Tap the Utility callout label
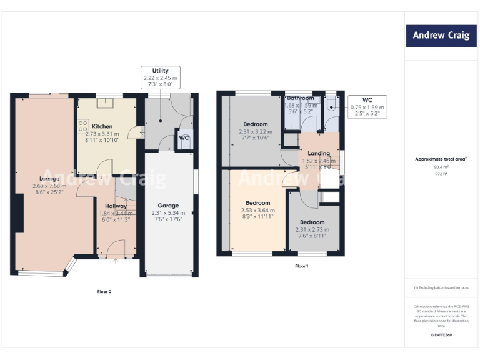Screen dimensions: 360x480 161,71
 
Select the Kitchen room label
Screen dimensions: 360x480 102,126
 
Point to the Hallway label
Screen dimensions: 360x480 116,206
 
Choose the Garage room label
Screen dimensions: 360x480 168,205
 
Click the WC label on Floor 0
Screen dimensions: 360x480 184,137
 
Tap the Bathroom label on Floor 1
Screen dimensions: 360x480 301,98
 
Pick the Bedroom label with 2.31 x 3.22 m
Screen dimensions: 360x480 256,124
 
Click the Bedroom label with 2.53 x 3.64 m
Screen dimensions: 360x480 257,202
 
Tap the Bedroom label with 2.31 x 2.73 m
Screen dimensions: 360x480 312,222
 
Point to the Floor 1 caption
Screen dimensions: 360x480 302,266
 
